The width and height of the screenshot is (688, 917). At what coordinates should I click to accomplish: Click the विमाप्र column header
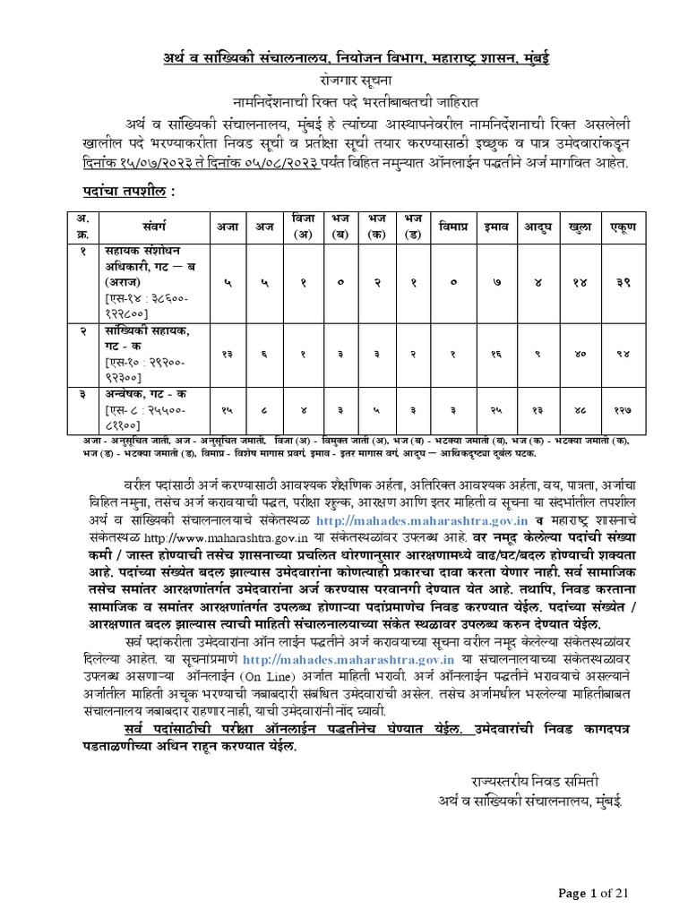coord(453,227)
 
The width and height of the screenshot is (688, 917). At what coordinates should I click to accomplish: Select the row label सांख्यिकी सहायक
coord(140,332)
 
